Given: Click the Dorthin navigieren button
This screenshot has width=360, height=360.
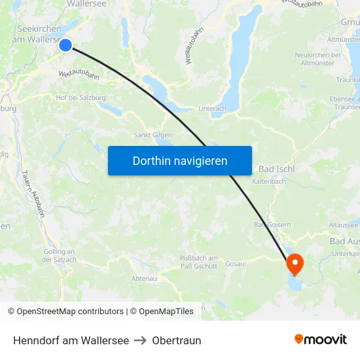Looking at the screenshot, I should point(179,160).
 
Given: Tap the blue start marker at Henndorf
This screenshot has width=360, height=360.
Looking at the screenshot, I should point(65,45).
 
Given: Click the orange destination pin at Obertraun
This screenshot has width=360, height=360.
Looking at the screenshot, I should point(295,264).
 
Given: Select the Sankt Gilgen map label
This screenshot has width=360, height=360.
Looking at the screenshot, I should point(153,135).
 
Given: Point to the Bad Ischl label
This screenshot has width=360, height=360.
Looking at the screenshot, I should point(276,168).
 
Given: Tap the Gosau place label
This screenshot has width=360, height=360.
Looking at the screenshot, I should point(234,264).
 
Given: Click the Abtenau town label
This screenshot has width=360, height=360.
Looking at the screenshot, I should point(144,278).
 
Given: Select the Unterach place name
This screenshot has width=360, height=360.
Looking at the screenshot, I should point(212,109).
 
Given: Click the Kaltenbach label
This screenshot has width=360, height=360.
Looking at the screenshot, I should point(269,181).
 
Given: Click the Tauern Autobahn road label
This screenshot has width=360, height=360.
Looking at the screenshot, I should point(33,193).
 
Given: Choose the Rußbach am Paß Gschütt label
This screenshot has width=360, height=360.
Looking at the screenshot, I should point(199,262).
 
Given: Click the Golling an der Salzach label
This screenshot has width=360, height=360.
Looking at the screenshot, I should point(59,255).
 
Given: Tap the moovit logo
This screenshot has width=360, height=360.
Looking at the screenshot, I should point(321,339).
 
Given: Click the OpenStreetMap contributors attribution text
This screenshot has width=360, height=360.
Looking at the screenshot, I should point(65,312).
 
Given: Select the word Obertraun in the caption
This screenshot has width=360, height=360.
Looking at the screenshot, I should point(177,340).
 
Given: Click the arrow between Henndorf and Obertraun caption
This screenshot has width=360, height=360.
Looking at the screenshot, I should point(140,340).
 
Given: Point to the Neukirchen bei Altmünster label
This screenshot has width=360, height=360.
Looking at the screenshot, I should point(319,58).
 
